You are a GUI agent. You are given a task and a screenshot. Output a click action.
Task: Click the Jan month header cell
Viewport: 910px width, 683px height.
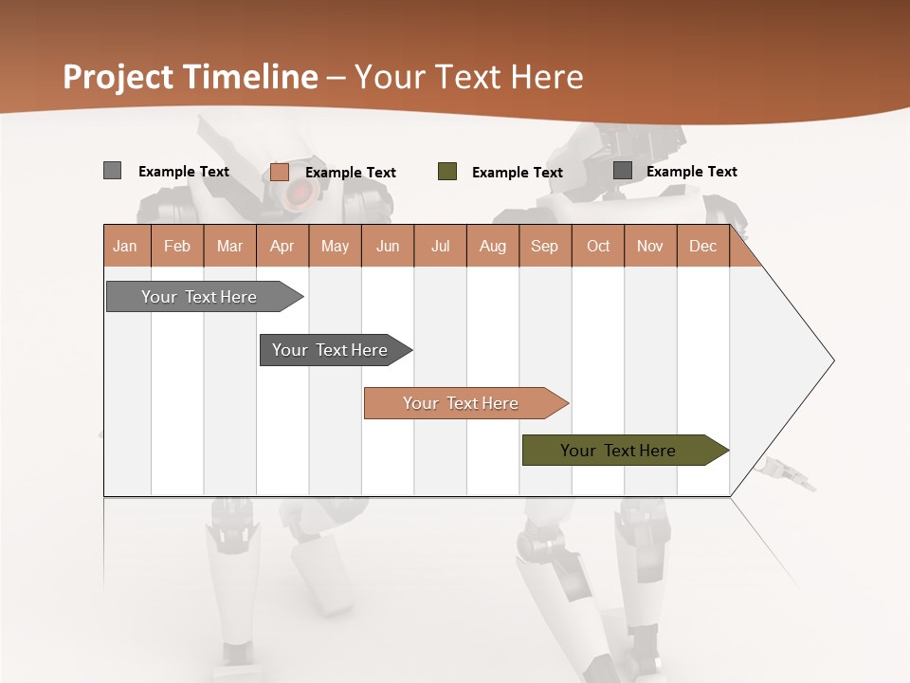(126, 246)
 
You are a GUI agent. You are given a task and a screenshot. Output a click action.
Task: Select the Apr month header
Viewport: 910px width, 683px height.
(282, 246)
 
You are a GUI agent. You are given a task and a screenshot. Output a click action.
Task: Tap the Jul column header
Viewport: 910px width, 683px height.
(441, 246)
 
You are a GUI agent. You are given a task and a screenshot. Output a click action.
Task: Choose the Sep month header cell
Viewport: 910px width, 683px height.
(545, 246)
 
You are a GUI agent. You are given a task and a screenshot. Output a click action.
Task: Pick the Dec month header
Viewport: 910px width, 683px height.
(703, 246)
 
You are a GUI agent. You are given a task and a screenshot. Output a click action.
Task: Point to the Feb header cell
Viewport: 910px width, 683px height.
(177, 246)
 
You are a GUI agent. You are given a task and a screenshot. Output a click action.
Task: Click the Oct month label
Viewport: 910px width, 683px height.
(598, 246)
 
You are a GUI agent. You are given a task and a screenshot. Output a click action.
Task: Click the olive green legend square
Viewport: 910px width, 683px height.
(447, 172)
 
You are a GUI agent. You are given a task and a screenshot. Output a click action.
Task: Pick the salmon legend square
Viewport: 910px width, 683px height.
(280, 172)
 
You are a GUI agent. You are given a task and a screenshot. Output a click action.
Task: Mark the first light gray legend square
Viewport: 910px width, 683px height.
(113, 171)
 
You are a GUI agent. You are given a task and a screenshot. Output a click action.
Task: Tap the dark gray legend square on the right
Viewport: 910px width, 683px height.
(623, 171)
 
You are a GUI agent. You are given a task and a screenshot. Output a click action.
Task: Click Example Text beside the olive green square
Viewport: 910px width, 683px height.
(518, 173)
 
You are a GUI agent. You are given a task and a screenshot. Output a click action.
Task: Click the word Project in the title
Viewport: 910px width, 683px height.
(118, 77)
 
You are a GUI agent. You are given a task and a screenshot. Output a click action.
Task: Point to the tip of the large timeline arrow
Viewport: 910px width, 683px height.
(831, 360)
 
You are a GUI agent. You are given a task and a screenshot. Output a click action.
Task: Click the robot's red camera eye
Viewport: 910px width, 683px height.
(299, 194)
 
